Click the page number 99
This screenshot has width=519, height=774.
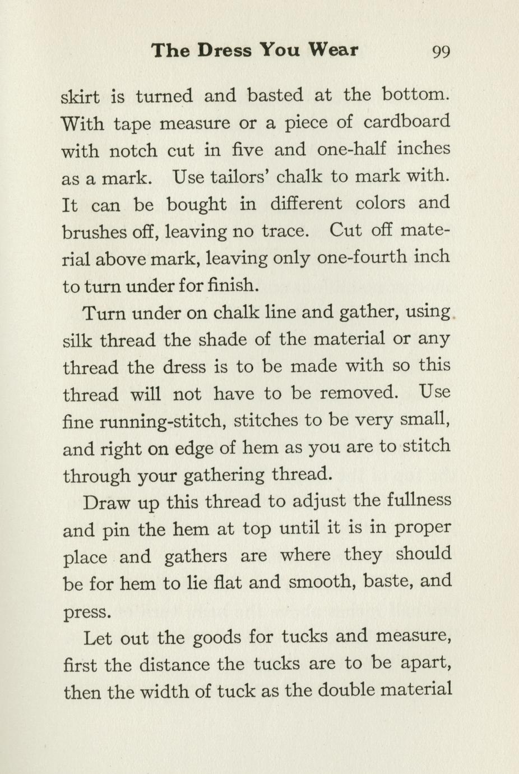click(x=441, y=52)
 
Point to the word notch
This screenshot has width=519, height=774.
click(x=133, y=150)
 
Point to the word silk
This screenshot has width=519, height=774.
click(x=77, y=340)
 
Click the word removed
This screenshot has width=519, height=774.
click(x=359, y=393)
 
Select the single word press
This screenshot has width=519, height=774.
click(x=85, y=611)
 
